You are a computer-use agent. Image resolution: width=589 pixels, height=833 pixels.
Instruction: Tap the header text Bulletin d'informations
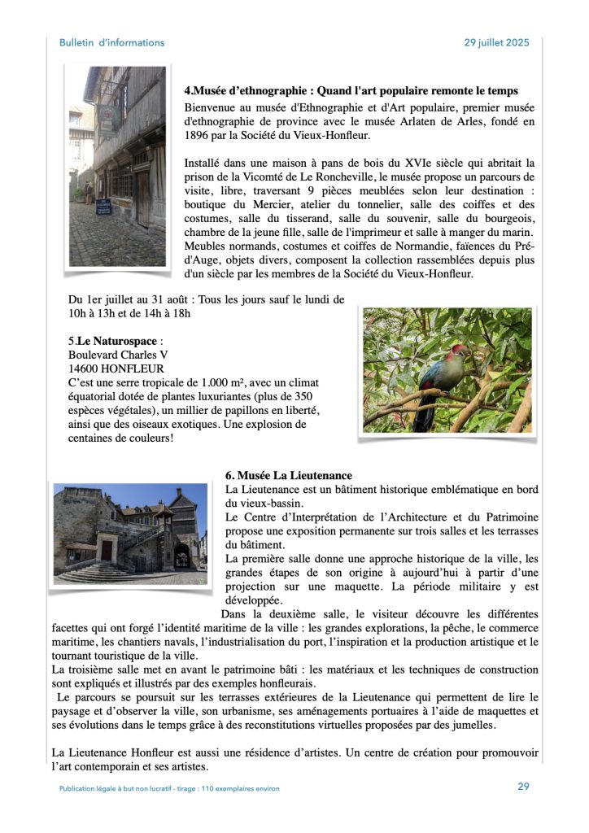pos(111,42)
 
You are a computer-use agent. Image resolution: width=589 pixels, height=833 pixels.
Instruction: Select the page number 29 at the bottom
pos(523,786)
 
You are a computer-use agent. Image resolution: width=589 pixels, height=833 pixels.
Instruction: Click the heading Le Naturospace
pos(116,341)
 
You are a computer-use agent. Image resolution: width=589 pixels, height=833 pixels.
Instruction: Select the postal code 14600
pos(86,369)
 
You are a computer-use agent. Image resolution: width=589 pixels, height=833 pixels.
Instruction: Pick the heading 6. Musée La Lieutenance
pos(288,475)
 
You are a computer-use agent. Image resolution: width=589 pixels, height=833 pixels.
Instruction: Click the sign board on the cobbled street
pos(103,207)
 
